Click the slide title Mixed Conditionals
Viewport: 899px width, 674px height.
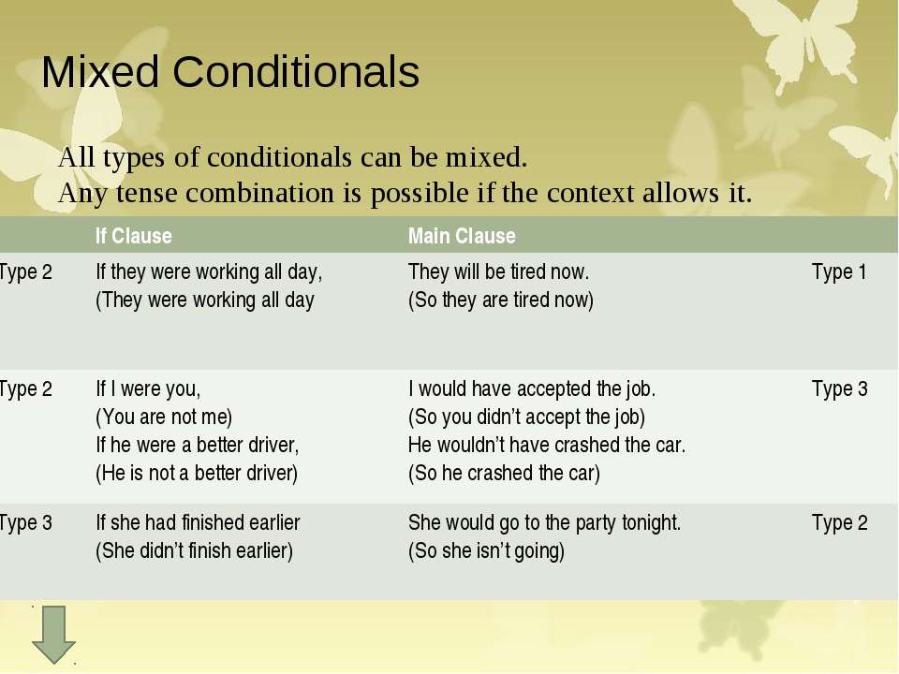click(x=230, y=73)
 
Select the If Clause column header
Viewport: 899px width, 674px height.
click(x=133, y=236)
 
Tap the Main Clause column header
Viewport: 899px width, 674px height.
click(x=462, y=236)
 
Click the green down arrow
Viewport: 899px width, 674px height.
click(x=53, y=635)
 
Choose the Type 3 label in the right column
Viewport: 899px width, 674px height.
click(x=839, y=389)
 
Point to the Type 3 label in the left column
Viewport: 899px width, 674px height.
click(x=26, y=523)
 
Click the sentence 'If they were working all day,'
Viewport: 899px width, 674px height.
click(x=209, y=272)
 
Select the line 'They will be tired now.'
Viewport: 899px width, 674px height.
click(x=498, y=272)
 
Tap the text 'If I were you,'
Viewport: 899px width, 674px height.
click(x=148, y=389)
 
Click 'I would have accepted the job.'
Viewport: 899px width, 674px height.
click(x=532, y=389)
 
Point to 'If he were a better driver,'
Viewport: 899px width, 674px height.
click(x=197, y=445)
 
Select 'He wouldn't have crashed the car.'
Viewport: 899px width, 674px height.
click(x=547, y=445)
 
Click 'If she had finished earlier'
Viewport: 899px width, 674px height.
click(x=198, y=523)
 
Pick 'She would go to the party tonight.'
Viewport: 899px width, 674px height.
click(x=544, y=523)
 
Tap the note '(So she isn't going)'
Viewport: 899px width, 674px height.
click(x=486, y=551)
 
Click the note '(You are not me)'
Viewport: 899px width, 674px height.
click(x=164, y=417)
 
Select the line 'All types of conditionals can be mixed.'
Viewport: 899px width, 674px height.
click(x=293, y=157)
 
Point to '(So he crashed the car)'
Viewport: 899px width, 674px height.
click(x=503, y=473)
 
